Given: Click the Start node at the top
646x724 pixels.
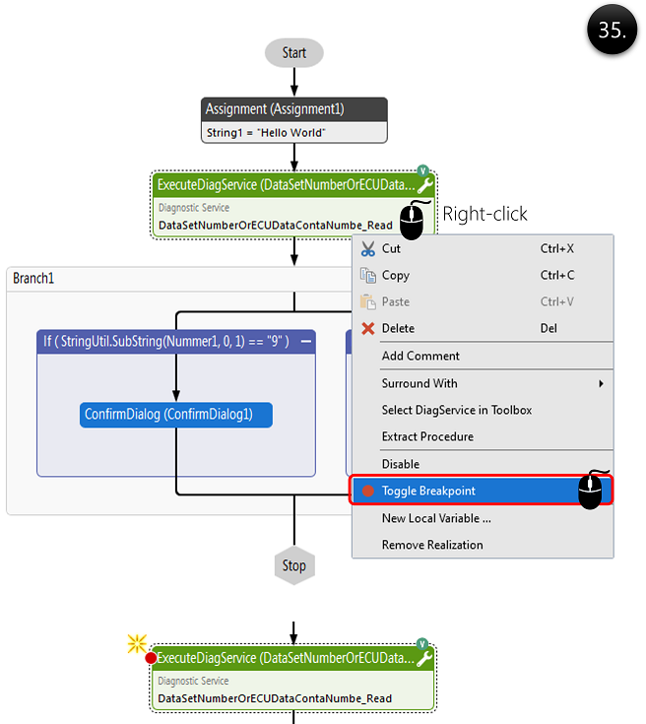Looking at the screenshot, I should coord(293,53).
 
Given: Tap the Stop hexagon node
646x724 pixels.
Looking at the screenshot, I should coord(293,565).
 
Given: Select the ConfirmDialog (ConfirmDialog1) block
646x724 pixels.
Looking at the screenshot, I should coord(175,415).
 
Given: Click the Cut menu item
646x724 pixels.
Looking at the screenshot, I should coord(392,249).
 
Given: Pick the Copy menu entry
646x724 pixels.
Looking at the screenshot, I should coord(396,276).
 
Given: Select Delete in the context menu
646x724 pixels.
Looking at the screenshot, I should coord(398,329).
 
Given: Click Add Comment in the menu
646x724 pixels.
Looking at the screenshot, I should coord(420,357).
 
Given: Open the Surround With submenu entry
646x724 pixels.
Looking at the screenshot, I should coord(420,383).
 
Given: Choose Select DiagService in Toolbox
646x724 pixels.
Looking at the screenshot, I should coord(456,410).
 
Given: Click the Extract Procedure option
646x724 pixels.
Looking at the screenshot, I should coord(427,436).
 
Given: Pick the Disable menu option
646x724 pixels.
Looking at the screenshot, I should coord(401,464).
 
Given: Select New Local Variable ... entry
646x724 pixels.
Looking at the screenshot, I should coord(436,518).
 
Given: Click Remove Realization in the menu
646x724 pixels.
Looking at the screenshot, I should coord(432,545).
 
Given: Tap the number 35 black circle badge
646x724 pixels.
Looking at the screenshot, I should coord(612,31).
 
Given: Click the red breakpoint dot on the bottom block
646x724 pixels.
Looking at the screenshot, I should coord(151,658).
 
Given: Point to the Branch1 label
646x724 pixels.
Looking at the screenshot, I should coord(33,279).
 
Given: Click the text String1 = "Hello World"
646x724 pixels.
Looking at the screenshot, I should coord(266,132).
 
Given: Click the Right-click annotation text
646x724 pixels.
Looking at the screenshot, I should coord(484,214).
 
